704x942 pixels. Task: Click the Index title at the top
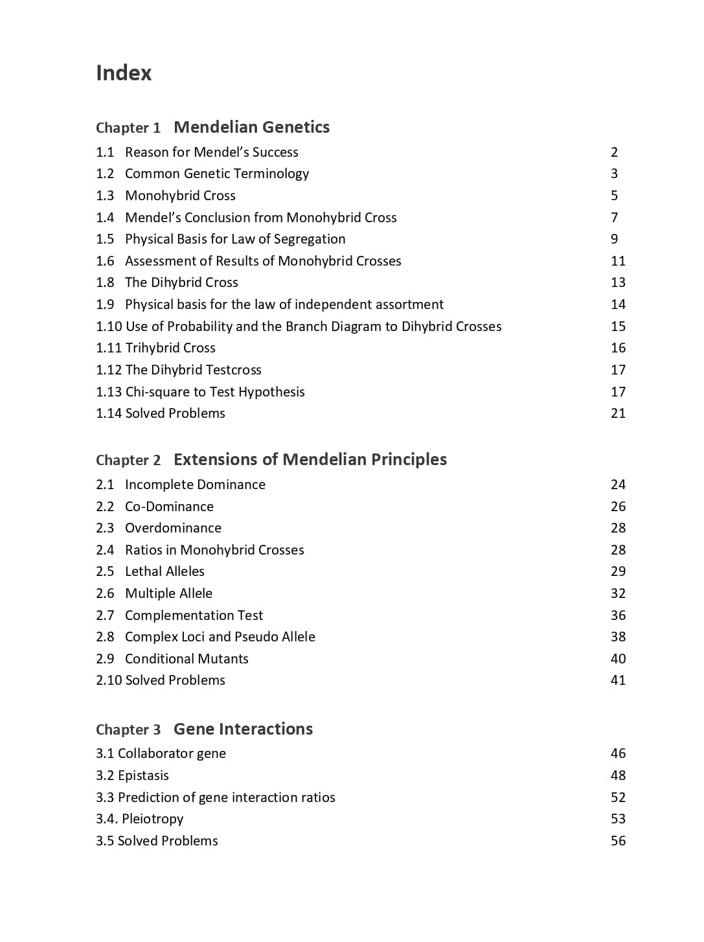pyautogui.click(x=124, y=73)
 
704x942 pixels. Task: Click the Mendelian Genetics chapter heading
pyautogui.click(x=251, y=127)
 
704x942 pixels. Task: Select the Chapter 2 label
pyautogui.click(x=128, y=460)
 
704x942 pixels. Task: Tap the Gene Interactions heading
pyautogui.click(x=243, y=729)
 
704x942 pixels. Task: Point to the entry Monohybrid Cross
pyautogui.click(x=180, y=196)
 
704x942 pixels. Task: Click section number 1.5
pyautogui.click(x=105, y=239)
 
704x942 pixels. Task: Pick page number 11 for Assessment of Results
pyautogui.click(x=618, y=261)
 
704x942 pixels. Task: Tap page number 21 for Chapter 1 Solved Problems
pyautogui.click(x=618, y=413)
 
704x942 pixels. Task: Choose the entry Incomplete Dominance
pyautogui.click(x=195, y=485)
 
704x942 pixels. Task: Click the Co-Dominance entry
pyautogui.click(x=169, y=507)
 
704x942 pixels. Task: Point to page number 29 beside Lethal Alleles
pyautogui.click(x=618, y=571)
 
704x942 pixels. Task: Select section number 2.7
pyautogui.click(x=105, y=615)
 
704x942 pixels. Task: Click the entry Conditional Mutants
pyautogui.click(x=187, y=659)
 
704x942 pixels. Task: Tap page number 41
pyautogui.click(x=618, y=680)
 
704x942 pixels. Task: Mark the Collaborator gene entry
pyautogui.click(x=172, y=753)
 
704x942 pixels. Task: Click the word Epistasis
pyautogui.click(x=143, y=775)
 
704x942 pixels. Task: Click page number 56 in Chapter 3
pyautogui.click(x=618, y=841)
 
